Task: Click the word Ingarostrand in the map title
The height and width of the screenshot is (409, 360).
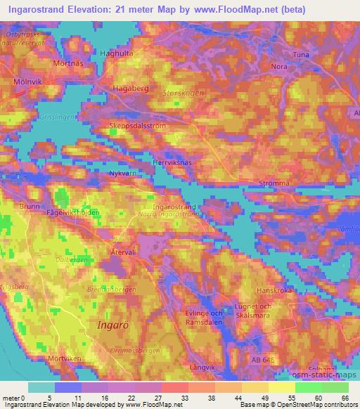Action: pyautogui.click(x=41, y=9)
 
